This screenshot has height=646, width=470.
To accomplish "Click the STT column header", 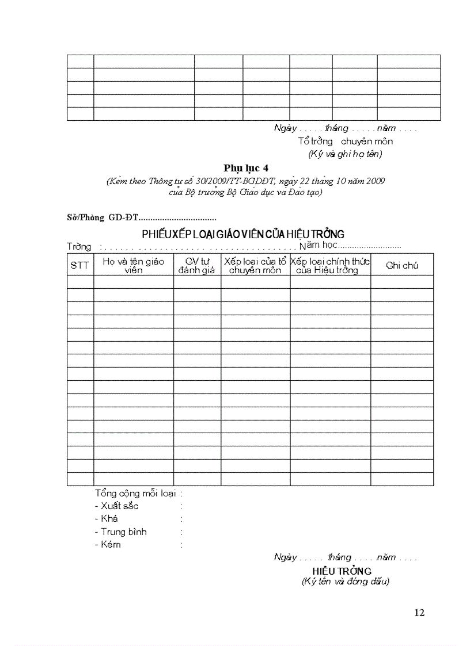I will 79,265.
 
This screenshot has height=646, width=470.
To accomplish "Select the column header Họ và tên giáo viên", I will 134,265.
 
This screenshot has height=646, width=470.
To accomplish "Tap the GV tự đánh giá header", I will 197,265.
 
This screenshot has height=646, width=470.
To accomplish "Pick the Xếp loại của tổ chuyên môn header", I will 255,265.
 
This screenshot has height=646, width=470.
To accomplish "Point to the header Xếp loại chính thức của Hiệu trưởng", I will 330,265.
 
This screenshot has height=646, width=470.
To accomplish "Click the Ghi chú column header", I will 402,265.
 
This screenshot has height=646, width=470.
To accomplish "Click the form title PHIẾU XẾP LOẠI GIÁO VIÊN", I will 243,234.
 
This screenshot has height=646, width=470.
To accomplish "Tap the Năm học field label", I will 318,246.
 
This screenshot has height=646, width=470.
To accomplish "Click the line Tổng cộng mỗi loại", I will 138,493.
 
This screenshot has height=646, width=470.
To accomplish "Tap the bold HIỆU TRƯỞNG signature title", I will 342,571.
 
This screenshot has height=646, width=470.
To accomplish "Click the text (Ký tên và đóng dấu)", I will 346,582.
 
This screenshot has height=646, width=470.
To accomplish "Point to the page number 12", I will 419,613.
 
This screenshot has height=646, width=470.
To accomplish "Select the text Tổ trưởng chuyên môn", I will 345,141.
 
